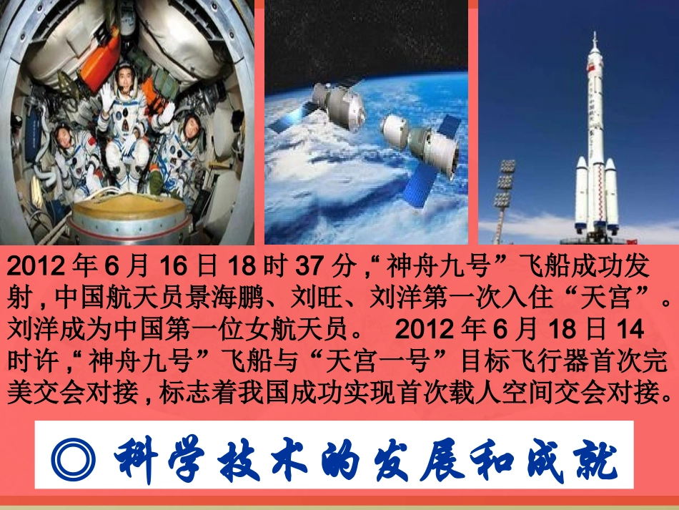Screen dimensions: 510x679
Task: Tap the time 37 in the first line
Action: click(317, 268)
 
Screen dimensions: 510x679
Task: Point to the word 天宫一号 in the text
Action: click(390, 361)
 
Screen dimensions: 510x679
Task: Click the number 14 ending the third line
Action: click(630, 329)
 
